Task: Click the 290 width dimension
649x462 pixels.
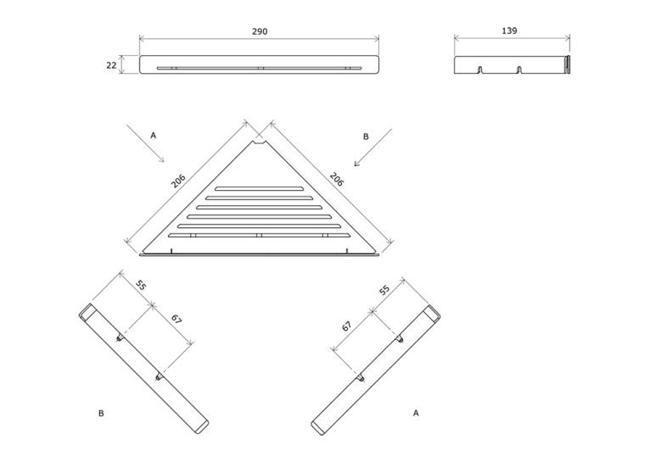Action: [260, 31]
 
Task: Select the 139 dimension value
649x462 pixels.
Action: [509, 31]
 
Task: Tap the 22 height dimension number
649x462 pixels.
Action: [111, 65]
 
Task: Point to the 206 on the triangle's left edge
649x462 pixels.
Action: [178, 181]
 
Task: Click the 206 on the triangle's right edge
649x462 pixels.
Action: [337, 179]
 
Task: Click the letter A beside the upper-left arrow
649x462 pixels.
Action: [154, 136]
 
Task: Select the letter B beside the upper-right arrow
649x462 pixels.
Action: [366, 136]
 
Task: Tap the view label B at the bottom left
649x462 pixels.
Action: [101, 413]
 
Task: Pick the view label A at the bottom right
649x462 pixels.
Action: [416, 413]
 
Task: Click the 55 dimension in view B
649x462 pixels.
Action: [142, 286]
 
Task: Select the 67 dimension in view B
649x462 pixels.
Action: [176, 319]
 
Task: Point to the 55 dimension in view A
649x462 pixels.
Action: [385, 290]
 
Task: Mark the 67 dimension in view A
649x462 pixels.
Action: [347, 326]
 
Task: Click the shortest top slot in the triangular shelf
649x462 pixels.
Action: [259, 188]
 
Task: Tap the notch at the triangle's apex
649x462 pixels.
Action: [260, 142]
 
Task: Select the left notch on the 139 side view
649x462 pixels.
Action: [480, 69]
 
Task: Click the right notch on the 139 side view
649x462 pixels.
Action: [519, 69]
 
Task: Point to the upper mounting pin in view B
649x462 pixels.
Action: [120, 338]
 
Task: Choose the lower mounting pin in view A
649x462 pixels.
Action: [361, 377]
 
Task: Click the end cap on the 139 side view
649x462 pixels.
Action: [568, 64]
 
